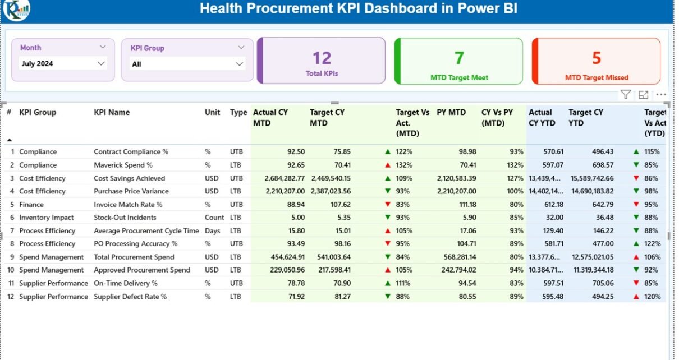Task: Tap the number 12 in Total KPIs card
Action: click(322, 58)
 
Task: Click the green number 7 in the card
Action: click(459, 58)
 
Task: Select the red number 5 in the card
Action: click(597, 58)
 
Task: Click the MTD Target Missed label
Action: click(597, 78)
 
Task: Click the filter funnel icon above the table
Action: click(626, 95)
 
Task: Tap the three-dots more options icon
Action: click(661, 95)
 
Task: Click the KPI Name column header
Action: click(112, 112)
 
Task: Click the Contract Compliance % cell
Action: click(131, 151)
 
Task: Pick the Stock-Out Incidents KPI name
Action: click(125, 218)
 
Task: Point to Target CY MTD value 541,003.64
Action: click(330, 257)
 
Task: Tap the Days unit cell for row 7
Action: click(212, 231)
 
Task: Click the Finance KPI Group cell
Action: click(31, 205)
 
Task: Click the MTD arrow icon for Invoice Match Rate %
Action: click(387, 205)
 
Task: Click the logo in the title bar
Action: click(17, 10)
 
